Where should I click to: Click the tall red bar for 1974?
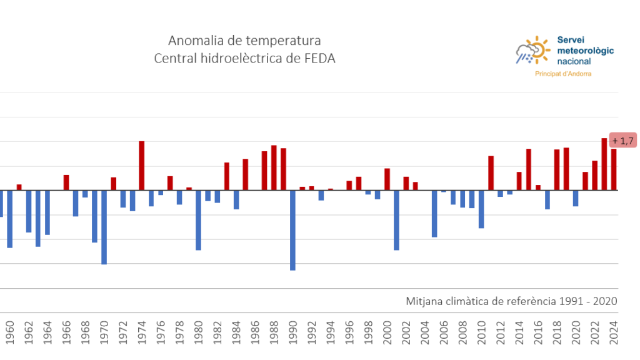[x=142, y=166]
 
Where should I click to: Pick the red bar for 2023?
[x=604, y=164]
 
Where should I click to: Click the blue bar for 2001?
[x=396, y=220]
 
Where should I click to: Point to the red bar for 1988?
[x=274, y=167]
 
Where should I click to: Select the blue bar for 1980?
[x=198, y=220]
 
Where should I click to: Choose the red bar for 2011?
[x=491, y=173]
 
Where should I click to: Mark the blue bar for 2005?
[x=434, y=214]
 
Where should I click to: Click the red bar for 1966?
[x=66, y=182]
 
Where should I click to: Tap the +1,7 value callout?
[x=623, y=141]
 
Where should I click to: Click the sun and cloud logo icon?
[x=532, y=51]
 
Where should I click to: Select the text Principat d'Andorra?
[x=563, y=74]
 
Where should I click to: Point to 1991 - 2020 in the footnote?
[x=589, y=301]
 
